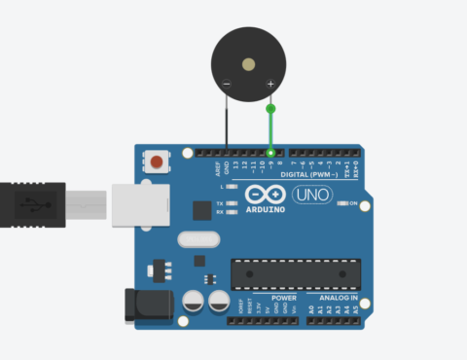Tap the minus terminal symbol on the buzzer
pos(227,85)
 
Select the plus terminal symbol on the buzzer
pos(269,85)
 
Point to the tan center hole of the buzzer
pos(248,64)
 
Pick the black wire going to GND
pos(227,122)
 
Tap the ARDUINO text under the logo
pos(265,208)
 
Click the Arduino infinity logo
pos(265,194)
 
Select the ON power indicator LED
pos(342,204)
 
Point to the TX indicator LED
pos(233,203)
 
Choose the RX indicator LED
pos(233,212)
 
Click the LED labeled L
pos(233,186)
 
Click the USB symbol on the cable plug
pos(35,204)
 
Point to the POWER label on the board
pos(284,298)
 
